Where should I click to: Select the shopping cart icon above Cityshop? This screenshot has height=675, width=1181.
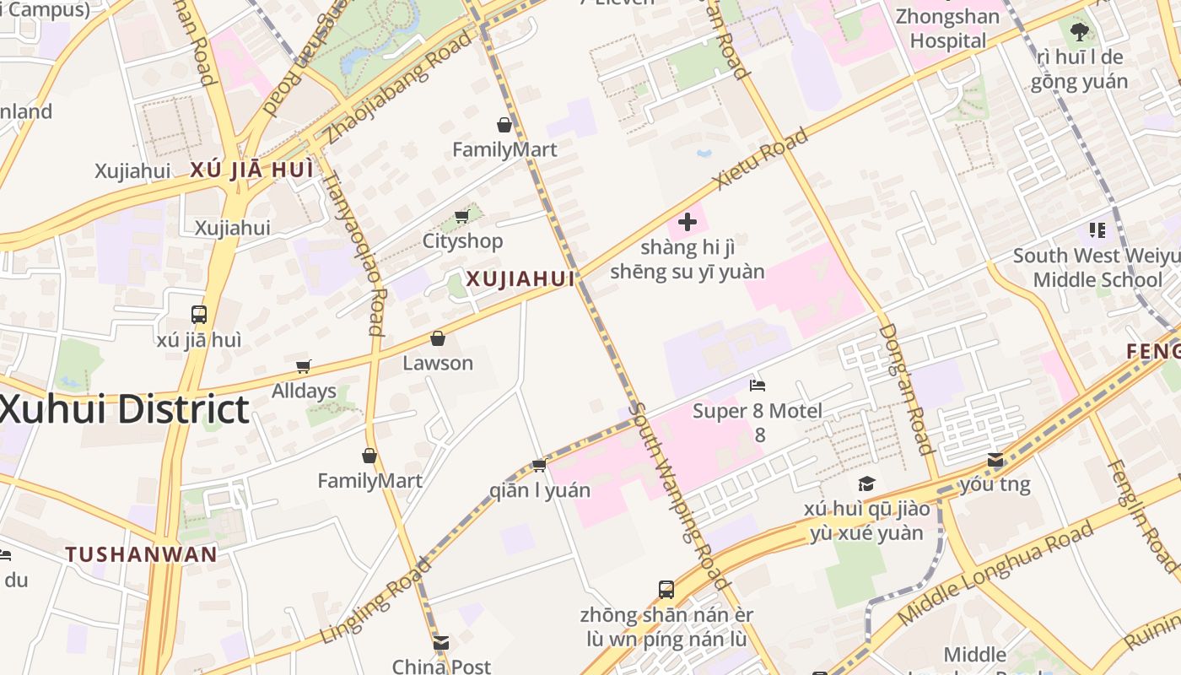tap(461, 217)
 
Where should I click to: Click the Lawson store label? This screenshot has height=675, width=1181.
tap(438, 363)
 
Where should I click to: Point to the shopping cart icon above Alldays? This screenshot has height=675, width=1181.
tap(304, 366)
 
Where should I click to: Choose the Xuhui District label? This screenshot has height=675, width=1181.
tap(124, 409)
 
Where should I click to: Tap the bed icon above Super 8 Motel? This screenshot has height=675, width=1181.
tap(758, 386)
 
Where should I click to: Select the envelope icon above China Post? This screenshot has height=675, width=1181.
tap(441, 643)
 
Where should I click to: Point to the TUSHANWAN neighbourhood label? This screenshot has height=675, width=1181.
tap(142, 554)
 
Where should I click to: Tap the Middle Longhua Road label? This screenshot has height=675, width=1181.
tap(995, 574)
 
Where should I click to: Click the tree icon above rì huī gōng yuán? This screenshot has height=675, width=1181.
tap(1079, 32)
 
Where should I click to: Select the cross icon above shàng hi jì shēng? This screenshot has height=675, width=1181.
tap(688, 222)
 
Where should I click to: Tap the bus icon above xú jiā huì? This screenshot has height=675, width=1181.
tap(199, 315)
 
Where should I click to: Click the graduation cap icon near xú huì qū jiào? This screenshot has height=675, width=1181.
tap(866, 483)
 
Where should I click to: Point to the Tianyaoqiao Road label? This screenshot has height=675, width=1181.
tap(353, 253)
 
